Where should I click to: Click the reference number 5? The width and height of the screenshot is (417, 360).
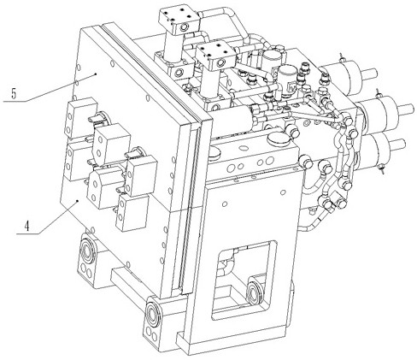(x=14, y=94)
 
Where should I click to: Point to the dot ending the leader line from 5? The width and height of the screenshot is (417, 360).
(x=96, y=74)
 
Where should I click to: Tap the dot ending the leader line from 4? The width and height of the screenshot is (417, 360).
(x=78, y=202)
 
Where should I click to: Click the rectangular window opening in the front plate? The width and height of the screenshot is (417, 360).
(x=244, y=280)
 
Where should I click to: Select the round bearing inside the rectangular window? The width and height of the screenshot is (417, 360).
(x=254, y=293)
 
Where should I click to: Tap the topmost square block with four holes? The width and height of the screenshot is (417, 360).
(x=179, y=19)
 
